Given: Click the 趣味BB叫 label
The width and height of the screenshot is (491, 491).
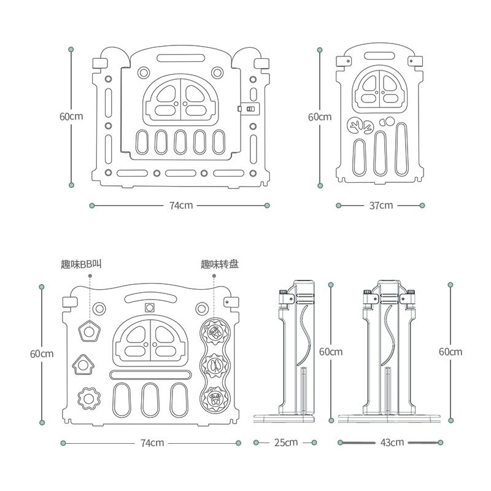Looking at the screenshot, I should [x=81, y=265].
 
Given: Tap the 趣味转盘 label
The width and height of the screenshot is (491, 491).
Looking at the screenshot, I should [x=220, y=265].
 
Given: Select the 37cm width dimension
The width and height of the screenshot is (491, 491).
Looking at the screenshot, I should [x=381, y=205].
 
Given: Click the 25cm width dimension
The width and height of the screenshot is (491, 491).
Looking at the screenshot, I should [x=286, y=442].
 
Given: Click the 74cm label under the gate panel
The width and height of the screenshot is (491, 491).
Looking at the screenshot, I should [x=181, y=205].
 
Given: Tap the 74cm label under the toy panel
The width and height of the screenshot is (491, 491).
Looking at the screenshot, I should [x=152, y=443].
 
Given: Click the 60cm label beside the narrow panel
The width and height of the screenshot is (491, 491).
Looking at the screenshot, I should [x=319, y=117].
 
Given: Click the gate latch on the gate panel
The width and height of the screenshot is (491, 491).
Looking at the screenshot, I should [x=249, y=109].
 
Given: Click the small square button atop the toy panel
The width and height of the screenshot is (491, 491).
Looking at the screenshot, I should [x=149, y=308].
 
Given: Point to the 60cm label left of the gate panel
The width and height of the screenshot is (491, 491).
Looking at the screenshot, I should [x=71, y=116].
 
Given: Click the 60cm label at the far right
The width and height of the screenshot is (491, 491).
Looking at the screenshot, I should [x=450, y=352].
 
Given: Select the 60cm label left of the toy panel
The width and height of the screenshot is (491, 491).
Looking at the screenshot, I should [x=42, y=354].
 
